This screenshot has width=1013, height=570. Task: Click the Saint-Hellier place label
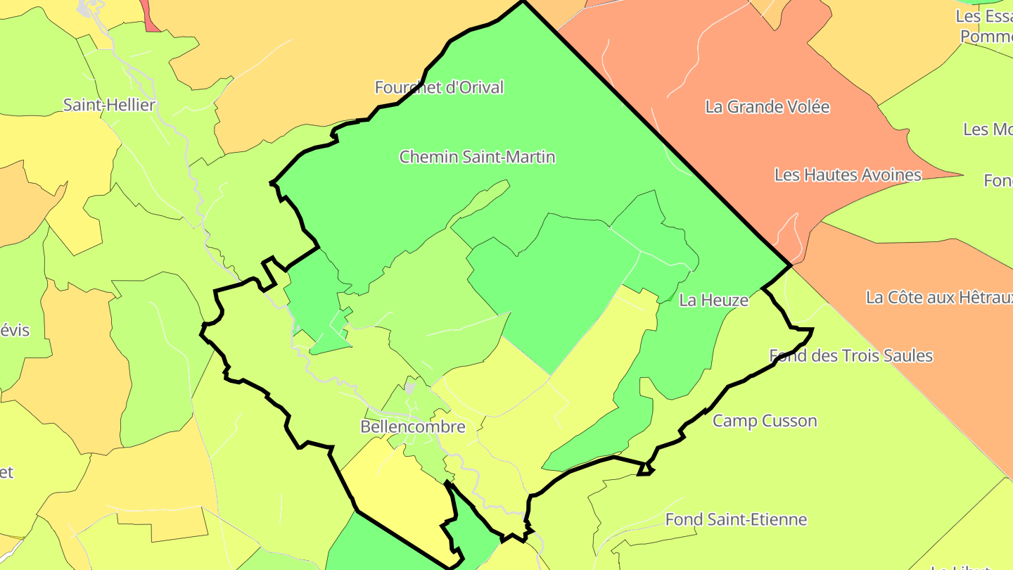[109, 106]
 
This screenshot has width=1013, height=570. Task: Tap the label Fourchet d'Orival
[439, 88]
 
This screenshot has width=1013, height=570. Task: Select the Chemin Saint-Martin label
[477, 157]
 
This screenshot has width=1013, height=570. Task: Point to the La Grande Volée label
[767, 107]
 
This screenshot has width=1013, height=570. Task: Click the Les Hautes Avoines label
[848, 175]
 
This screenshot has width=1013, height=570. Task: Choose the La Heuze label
[713, 300]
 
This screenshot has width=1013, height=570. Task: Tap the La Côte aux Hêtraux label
[939, 298]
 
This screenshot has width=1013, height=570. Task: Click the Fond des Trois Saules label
[851, 355]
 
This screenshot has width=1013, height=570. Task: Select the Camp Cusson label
[765, 421]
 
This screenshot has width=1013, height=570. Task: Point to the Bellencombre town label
[413, 427]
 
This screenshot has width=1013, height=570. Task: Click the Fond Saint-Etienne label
[736, 520]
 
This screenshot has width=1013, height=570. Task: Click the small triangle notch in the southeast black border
[644, 469]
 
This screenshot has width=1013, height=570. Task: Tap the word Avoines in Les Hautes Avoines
[892, 175]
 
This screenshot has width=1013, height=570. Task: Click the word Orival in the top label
[479, 88]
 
